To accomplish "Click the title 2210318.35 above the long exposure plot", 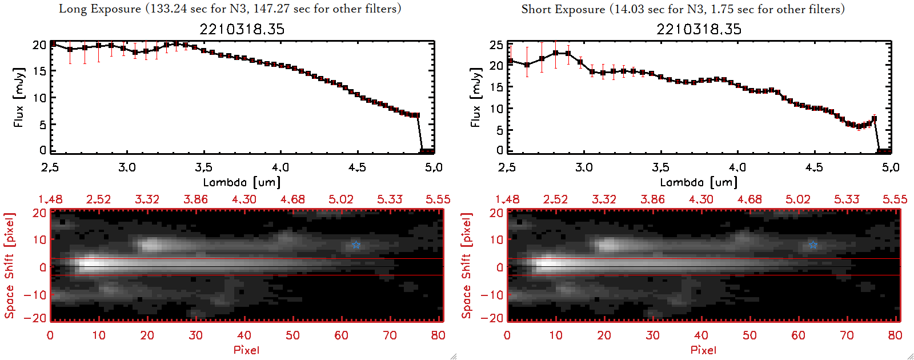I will pos(242,29).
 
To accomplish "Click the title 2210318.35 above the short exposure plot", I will pos(699,29).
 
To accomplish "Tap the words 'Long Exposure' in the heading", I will pos(100,9).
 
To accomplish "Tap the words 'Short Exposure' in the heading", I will pos(563,9).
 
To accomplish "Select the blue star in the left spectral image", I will pos(356,245).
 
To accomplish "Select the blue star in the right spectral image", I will pos(813,245).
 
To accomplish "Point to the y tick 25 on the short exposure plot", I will pos(496,45).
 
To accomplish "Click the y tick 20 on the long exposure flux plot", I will pos(39,45).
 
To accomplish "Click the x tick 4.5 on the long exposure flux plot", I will pos(357,167).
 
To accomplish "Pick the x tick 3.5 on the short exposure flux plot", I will pos(660,167).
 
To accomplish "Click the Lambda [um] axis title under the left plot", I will pos(242,182).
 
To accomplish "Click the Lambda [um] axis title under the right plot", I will pos(699,182).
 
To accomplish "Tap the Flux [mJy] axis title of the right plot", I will pos(475,97).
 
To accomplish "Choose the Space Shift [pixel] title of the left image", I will pos(9,266).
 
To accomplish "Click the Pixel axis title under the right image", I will pos(703,350).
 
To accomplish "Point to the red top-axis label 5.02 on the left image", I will pos(341,199).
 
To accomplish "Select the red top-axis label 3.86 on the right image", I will pos(652,199).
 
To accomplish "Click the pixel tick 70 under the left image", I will pos(390,335).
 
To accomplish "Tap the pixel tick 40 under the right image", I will pos(701,335).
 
